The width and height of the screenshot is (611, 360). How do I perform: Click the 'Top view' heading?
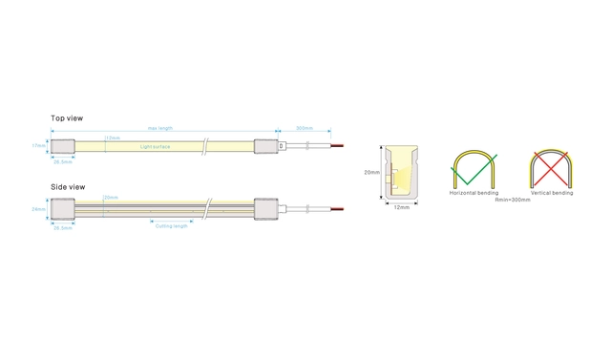point(67,118)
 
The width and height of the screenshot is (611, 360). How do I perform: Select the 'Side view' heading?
point(68,186)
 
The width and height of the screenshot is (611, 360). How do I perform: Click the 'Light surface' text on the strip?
point(154,147)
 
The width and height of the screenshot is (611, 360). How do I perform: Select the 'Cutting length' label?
point(173,225)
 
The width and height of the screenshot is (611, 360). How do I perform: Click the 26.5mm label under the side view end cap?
point(62,228)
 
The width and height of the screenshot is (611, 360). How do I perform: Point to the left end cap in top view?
point(63,146)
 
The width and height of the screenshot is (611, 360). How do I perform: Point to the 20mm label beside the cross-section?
point(371,173)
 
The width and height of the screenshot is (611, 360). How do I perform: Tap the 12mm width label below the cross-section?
point(402,206)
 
